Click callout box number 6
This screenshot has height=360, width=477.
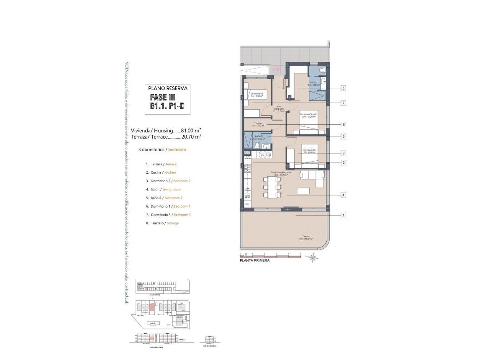[343, 88]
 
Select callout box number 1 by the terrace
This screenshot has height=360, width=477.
[343, 216]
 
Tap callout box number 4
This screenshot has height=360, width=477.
[343, 195]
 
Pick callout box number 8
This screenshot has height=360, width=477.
[343, 124]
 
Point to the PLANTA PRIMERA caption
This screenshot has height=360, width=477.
[254, 260]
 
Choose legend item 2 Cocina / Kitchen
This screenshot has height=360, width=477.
[161, 172]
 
